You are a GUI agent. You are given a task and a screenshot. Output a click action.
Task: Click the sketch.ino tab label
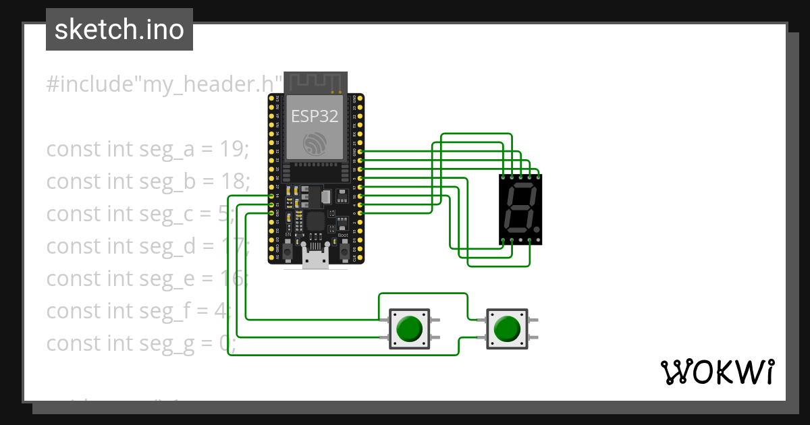pyautogui.click(x=119, y=30)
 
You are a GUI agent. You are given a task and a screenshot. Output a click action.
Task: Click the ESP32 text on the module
pyautogui.click(x=315, y=116)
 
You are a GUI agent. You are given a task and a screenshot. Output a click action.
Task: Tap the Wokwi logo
pyautogui.click(x=716, y=372)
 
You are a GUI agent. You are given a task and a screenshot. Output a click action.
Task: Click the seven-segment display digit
pyautogui.click(x=520, y=208)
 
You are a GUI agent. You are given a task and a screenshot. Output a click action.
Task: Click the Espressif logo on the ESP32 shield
pyautogui.click(x=315, y=144)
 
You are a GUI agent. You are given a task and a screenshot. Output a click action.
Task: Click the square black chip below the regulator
pyautogui.click(x=315, y=221)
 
